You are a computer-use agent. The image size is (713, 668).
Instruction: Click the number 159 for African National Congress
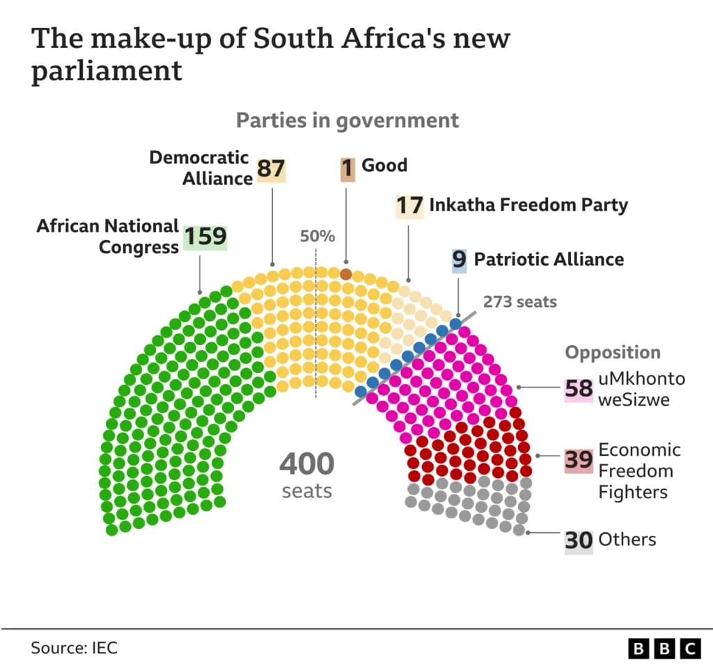[205, 237]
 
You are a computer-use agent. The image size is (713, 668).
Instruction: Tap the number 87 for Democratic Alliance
[271, 169]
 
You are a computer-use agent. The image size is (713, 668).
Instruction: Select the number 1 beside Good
[347, 168]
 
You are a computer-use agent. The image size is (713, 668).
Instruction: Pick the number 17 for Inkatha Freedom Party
[409, 206]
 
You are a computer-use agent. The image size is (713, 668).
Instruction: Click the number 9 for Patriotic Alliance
[459, 260]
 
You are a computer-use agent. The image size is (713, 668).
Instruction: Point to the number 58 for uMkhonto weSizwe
[579, 388]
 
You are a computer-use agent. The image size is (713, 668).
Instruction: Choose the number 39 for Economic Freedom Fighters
[579, 460]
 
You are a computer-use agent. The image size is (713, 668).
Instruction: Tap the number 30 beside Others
[579, 540]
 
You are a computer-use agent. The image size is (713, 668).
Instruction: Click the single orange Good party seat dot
[345, 273]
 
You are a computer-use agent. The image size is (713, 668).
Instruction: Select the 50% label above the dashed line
[318, 237]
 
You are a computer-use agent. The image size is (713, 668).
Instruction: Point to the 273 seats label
[520, 302]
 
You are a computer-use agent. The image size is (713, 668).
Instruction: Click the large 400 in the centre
[307, 464]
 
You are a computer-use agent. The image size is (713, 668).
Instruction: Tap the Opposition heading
[612, 353]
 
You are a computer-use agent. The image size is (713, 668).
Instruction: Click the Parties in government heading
[347, 120]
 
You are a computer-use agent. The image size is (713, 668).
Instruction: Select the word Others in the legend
[627, 539]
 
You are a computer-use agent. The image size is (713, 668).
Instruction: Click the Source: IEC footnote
[74, 648]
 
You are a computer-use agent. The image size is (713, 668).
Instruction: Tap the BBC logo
[664, 649]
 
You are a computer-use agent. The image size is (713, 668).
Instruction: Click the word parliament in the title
[107, 72]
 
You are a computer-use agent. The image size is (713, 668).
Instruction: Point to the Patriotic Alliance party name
[549, 260]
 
